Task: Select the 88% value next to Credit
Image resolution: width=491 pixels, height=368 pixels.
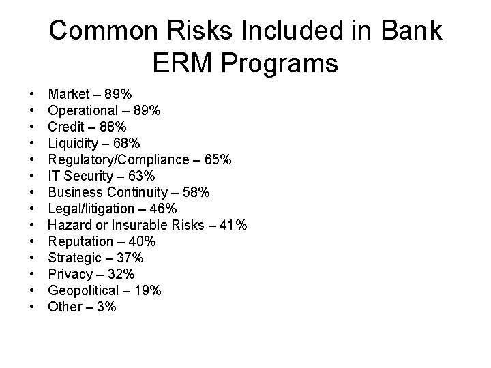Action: click(x=112, y=126)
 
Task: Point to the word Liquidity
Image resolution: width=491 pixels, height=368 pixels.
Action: click(x=73, y=143)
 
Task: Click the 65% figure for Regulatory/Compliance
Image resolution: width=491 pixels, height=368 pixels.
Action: click(x=218, y=159)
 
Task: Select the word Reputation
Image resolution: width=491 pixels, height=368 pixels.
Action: click(x=80, y=241)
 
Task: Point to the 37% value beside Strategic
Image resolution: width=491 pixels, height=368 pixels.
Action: click(x=130, y=258)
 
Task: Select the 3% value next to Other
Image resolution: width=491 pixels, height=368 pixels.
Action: click(x=106, y=307)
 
